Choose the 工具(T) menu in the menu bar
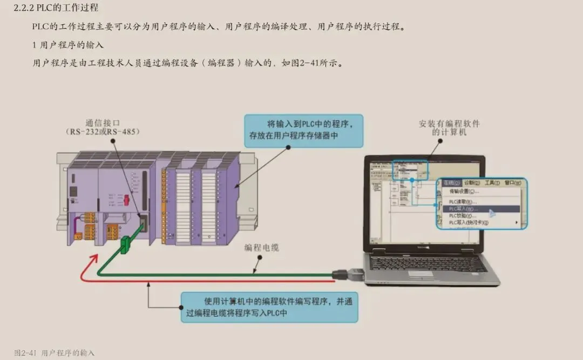tap(492, 183)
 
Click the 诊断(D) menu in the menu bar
tap(472, 183)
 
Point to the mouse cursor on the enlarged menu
tap(492, 213)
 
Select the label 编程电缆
tap(262, 248)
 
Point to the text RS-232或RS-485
tap(103, 132)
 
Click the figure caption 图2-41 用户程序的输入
tap(55, 352)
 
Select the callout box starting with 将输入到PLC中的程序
tap(303, 131)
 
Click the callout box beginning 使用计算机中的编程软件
tap(269, 307)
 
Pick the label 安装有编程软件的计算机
tap(449, 128)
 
